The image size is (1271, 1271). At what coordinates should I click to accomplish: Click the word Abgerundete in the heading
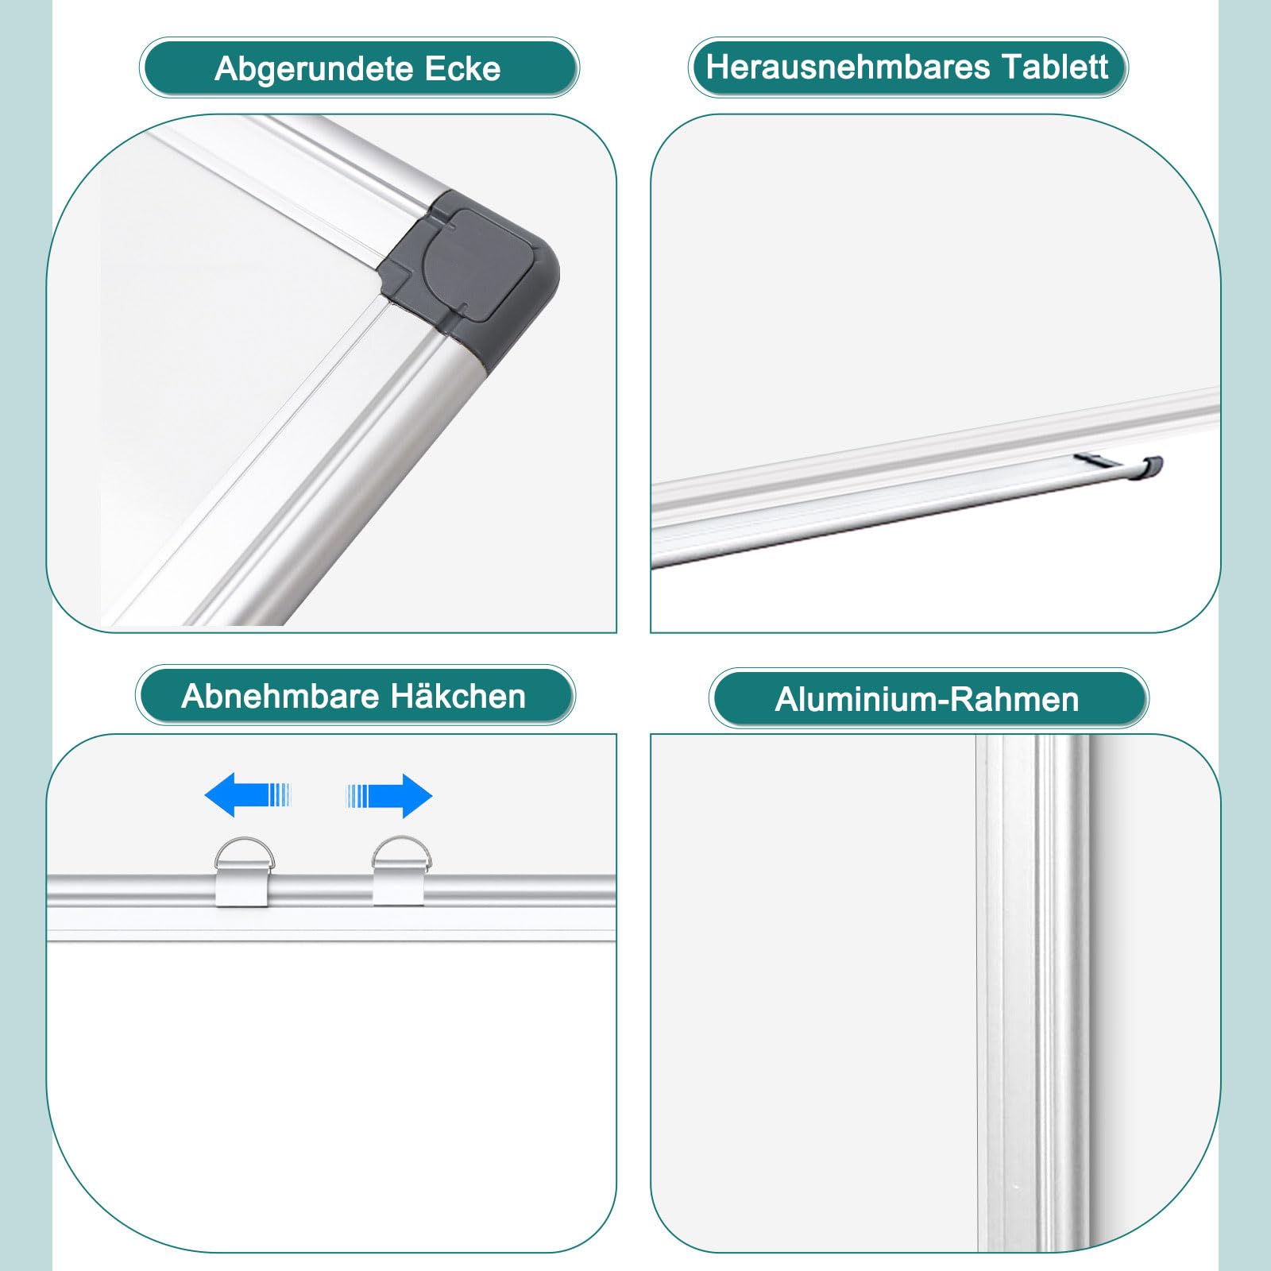(315, 69)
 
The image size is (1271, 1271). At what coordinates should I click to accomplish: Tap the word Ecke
(463, 69)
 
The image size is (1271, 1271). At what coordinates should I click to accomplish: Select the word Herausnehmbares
(848, 67)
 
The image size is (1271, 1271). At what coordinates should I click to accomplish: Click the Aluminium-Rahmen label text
(927, 700)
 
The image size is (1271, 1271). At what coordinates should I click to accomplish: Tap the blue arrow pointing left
(248, 794)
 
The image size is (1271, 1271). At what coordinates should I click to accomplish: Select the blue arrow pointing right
(389, 795)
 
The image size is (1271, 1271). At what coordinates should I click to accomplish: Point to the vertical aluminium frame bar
(1033, 993)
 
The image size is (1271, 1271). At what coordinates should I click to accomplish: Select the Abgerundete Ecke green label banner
(359, 68)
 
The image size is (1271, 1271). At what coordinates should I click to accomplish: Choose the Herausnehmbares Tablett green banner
(908, 67)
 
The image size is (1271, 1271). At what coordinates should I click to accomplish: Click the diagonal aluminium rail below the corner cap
(318, 477)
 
